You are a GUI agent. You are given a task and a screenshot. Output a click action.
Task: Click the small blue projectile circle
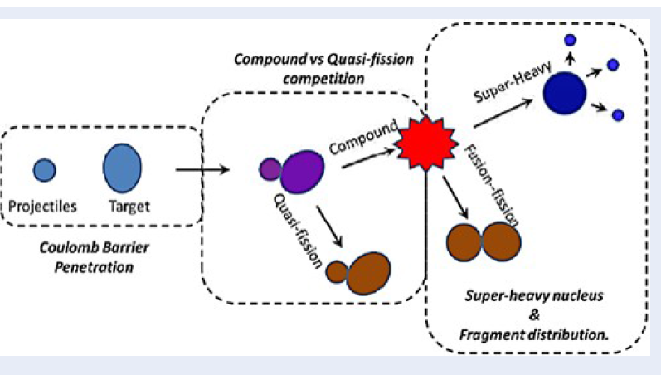pos(45,170)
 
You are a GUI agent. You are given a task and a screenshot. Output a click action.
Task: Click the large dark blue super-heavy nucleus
pos(565,91)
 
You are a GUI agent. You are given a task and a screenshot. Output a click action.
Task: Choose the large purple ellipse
pos(302,172)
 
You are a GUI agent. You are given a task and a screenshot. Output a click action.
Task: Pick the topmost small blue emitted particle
pos(570,40)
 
